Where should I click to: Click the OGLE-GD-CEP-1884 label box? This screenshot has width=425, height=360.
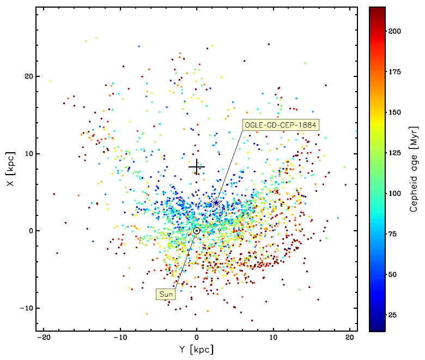[x=281, y=125]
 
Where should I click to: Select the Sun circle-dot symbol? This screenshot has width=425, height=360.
[x=197, y=231]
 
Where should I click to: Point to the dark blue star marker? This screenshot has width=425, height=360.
[x=216, y=203]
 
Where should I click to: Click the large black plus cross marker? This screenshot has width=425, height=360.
[x=197, y=167]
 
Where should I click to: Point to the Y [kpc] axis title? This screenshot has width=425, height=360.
[x=197, y=350]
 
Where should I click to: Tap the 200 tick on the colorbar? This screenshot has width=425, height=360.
[x=386, y=31]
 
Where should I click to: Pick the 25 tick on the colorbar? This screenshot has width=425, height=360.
[x=386, y=315]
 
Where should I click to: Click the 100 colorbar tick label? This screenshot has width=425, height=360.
[x=396, y=194]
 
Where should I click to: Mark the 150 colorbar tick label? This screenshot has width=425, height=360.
[x=396, y=112]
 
